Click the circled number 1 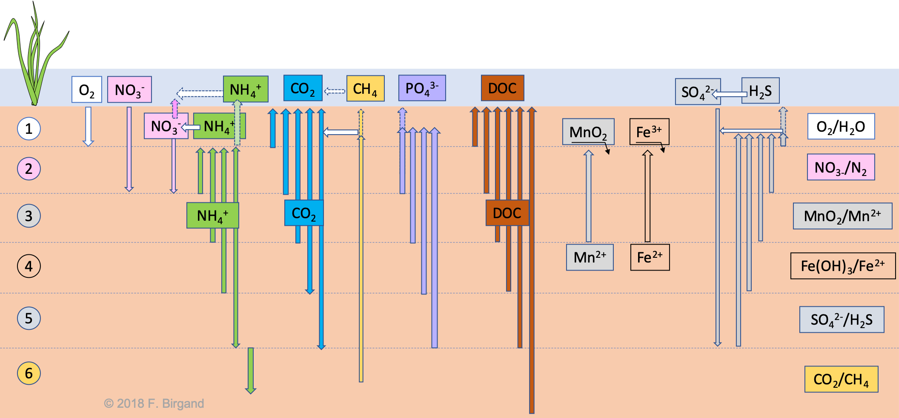point(29,128)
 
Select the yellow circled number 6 point(29,373)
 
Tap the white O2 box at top point(87,89)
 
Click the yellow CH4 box point(365,89)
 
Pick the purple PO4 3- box point(422,88)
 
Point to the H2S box point(760,91)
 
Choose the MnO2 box point(588,132)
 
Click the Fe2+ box point(650,257)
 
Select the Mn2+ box point(590,257)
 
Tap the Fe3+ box point(649,132)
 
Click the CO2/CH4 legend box point(841,379)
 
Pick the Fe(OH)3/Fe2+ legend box point(843,266)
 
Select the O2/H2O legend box point(841,127)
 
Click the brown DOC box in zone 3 point(507,213)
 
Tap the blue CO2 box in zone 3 point(304,213)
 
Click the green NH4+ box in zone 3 point(212,216)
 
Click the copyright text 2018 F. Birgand point(154,403)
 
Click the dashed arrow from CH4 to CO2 point(335,91)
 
